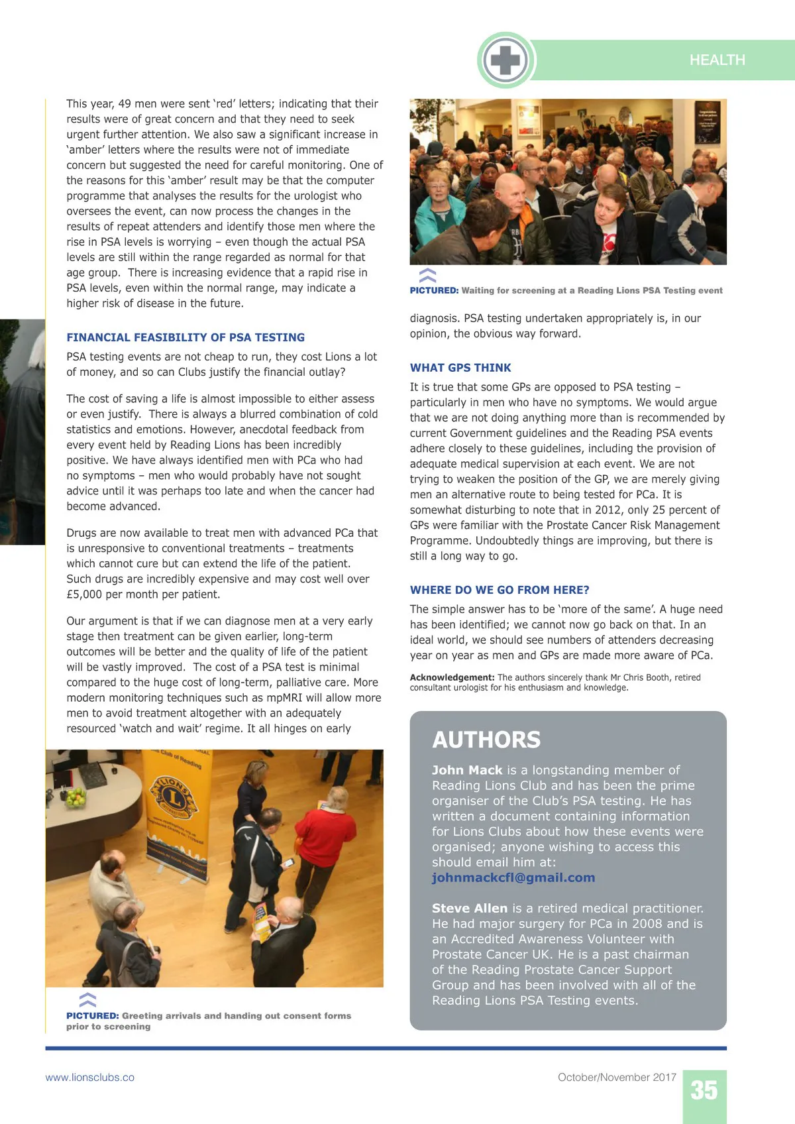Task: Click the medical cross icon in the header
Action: [x=505, y=60]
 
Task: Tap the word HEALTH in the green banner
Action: [x=717, y=60]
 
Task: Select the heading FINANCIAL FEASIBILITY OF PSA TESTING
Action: [x=185, y=337]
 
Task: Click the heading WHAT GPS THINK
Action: [x=460, y=368]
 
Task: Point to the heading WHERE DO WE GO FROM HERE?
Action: [x=499, y=590]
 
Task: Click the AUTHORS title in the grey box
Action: [x=486, y=740]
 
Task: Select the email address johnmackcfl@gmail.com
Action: [x=513, y=877]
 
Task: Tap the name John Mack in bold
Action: [x=467, y=770]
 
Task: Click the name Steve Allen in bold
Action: [x=470, y=908]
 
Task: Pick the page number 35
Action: [x=704, y=1090]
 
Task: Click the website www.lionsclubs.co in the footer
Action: [x=89, y=1078]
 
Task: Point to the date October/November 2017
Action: [x=617, y=1078]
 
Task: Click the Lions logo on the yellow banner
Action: [x=174, y=797]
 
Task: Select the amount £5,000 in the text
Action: [x=84, y=594]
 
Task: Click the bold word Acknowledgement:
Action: [x=452, y=677]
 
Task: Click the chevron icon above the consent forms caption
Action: [x=87, y=999]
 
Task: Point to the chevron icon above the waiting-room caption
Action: [x=428, y=275]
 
